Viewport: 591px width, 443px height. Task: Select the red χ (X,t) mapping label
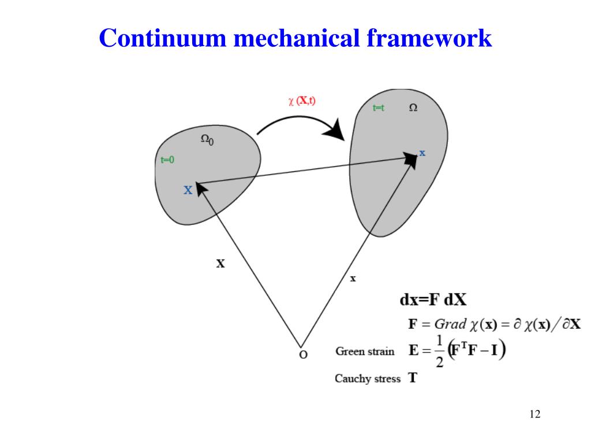(302, 101)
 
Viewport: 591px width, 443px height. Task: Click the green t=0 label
(167, 160)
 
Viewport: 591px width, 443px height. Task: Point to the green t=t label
(379, 108)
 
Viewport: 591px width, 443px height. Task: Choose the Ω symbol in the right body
(413, 108)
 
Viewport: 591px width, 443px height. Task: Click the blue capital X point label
(188, 190)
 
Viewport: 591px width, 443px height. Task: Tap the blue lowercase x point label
(422, 153)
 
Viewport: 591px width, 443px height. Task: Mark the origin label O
(302, 354)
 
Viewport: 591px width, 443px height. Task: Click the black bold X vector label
(220, 264)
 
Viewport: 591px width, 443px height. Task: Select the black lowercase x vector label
(353, 279)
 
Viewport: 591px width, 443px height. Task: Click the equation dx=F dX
(433, 301)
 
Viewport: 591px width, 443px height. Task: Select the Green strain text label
(365, 351)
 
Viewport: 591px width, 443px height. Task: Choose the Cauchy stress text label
(367, 379)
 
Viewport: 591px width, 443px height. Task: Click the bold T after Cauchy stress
(413, 378)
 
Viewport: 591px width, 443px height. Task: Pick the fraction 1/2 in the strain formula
(439, 351)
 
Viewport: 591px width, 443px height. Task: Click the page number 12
(534, 414)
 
